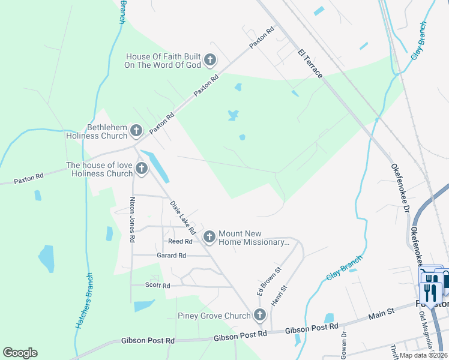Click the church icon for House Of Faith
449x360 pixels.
pos(210,59)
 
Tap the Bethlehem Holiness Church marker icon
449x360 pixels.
pos(136,130)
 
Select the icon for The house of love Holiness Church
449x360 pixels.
pos(142,169)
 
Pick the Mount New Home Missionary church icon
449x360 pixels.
pos(209,238)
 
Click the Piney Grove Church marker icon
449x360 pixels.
pos(259,314)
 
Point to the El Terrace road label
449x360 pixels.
pos(310,64)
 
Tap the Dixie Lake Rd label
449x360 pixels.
pos(182,217)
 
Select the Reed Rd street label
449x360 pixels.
pos(179,241)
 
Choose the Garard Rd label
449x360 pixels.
pos(172,256)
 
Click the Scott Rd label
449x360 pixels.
pos(158,286)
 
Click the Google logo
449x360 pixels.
pos(20,353)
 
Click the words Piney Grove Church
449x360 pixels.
pos(214,316)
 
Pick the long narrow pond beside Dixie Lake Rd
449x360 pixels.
pos(158,166)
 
